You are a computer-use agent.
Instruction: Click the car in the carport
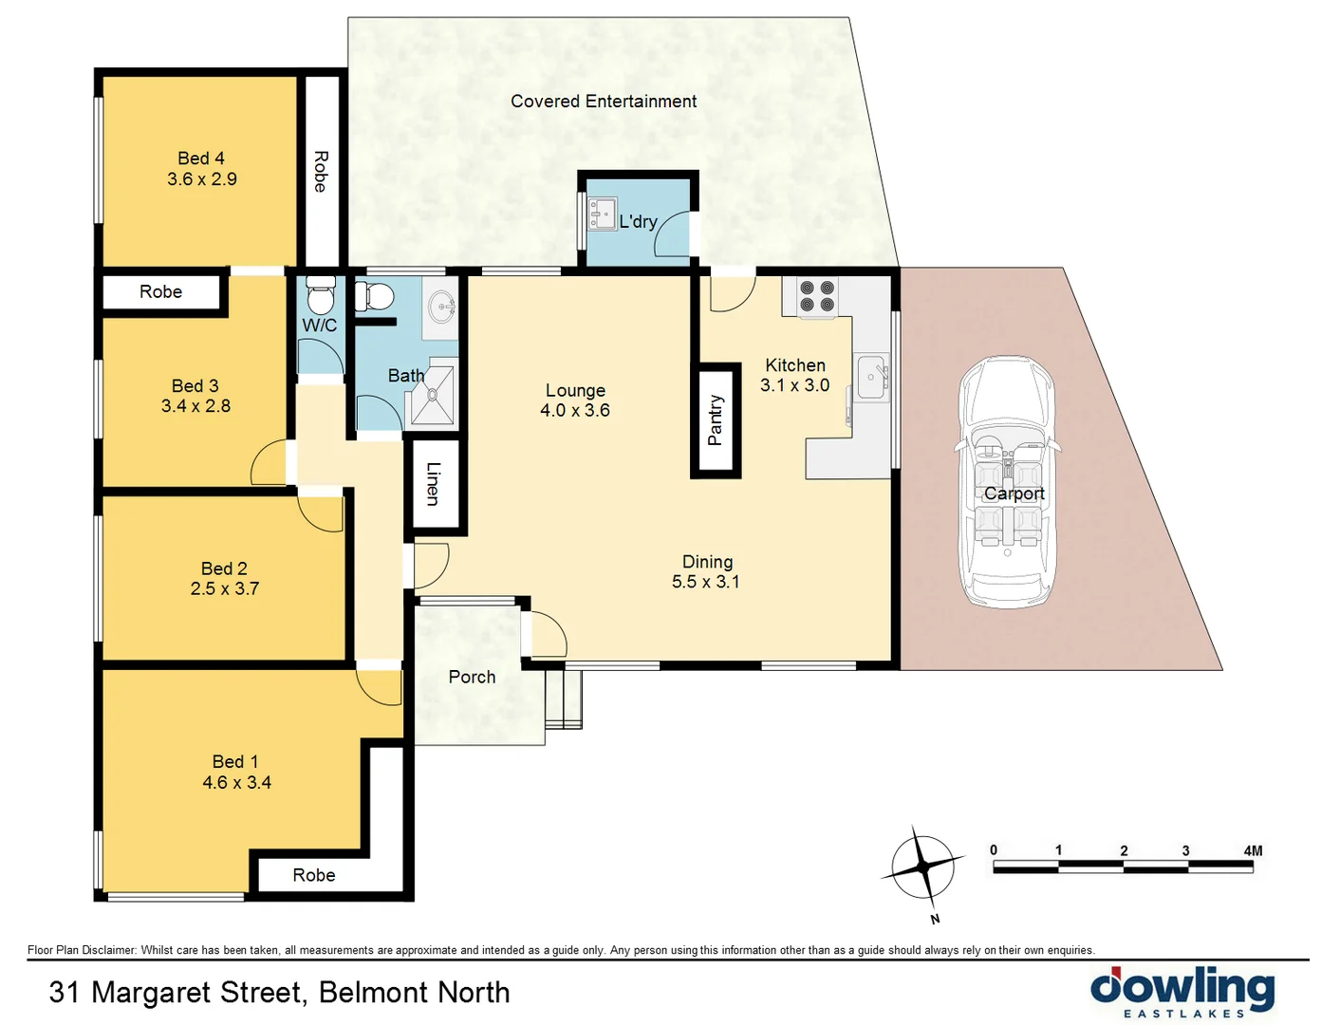click(x=1006, y=482)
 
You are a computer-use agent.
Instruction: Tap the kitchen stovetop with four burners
click(x=816, y=295)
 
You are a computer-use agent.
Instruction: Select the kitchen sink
click(x=871, y=378)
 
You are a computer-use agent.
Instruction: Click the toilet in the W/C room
click(x=320, y=296)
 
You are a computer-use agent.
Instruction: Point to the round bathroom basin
click(x=442, y=307)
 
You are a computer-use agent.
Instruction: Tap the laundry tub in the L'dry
click(x=601, y=214)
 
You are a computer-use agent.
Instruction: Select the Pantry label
click(x=716, y=420)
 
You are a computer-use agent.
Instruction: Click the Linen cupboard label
click(x=434, y=483)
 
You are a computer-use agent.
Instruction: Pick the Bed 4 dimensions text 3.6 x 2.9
click(x=201, y=179)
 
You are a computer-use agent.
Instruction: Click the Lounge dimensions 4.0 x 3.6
click(x=574, y=411)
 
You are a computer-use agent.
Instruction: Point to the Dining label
click(x=707, y=562)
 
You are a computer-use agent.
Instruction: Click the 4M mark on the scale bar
click(x=1252, y=851)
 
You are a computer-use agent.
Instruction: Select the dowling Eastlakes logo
click(x=1182, y=992)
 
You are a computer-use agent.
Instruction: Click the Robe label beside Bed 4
click(x=321, y=171)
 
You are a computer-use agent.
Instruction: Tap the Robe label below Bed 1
click(x=313, y=875)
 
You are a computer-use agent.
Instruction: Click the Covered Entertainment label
click(x=603, y=102)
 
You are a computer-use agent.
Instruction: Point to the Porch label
click(x=472, y=677)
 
